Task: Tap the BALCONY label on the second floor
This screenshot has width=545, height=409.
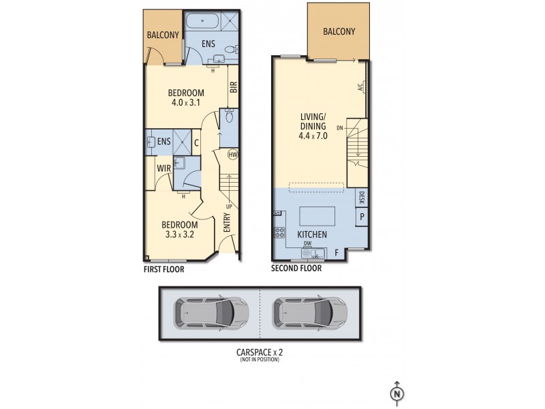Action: [339, 31]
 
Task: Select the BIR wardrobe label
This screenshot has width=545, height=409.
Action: [233, 87]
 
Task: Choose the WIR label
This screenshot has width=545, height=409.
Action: [163, 168]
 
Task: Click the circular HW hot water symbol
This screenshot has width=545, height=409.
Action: [233, 154]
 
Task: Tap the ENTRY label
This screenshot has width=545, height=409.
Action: [228, 225]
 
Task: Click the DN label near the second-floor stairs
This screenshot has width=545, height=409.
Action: [339, 127]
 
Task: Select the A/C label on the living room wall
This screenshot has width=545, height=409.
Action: [359, 87]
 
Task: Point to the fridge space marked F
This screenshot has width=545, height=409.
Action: [335, 253]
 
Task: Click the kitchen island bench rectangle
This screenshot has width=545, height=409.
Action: [317, 216]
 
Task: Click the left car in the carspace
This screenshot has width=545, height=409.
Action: [211, 313]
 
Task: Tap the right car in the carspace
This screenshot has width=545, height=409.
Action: [310, 313]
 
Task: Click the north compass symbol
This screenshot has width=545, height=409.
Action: [395, 393]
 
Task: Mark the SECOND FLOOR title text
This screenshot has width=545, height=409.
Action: [296, 269]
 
